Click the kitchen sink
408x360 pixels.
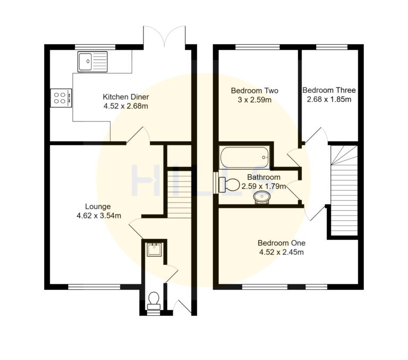point(92,62)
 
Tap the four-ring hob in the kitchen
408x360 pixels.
point(61,98)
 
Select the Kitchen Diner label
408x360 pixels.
point(125,97)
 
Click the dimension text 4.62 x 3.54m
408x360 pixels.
point(99,216)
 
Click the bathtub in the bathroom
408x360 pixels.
point(244,157)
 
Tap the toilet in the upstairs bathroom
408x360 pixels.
point(229,185)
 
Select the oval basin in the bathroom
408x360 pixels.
point(262,198)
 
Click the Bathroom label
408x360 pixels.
point(263,177)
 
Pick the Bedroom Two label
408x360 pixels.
point(255,91)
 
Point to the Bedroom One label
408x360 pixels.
point(281,243)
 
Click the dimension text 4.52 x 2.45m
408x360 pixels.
point(281,252)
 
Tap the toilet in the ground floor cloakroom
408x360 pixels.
point(154,301)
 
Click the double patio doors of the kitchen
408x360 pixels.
point(165,37)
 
